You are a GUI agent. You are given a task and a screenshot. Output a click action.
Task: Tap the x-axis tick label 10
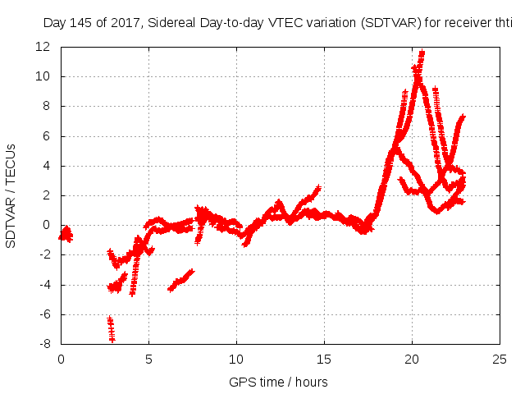point(236,360)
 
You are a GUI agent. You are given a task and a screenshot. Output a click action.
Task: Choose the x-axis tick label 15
point(324,360)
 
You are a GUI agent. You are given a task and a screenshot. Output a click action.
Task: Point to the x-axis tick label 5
point(148,360)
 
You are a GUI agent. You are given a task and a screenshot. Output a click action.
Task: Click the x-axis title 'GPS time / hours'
point(278,382)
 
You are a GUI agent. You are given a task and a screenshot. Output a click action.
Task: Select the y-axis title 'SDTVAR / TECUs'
point(11,195)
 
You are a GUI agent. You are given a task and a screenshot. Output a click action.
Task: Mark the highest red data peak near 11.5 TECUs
point(422,54)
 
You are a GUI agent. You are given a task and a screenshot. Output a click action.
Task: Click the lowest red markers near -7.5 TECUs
point(112,337)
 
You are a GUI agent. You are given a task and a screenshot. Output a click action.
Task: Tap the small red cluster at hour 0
point(66,234)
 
